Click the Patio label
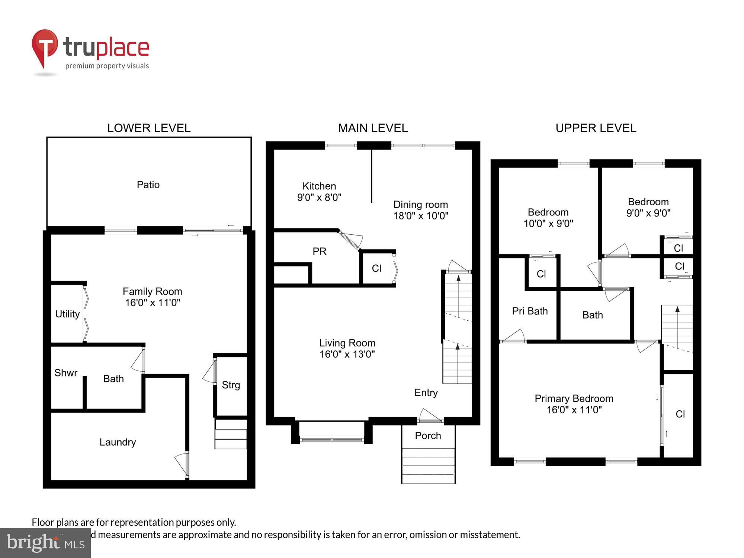point(148,185)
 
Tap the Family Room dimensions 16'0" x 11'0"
point(153,303)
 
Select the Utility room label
point(67,314)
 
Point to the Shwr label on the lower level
point(66,373)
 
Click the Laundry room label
point(118,442)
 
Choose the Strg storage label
point(231,385)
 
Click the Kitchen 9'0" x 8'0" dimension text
point(319,198)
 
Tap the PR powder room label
point(320,251)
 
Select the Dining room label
point(420,205)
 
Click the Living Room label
point(347,343)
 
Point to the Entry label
point(426,392)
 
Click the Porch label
point(428,436)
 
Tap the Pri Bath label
point(530,311)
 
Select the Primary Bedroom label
point(574,398)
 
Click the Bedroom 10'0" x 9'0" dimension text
point(548,224)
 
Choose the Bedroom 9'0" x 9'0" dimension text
point(648,213)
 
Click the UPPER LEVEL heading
point(596,128)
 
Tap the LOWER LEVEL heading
point(149,128)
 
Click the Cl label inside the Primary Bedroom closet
point(680,414)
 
